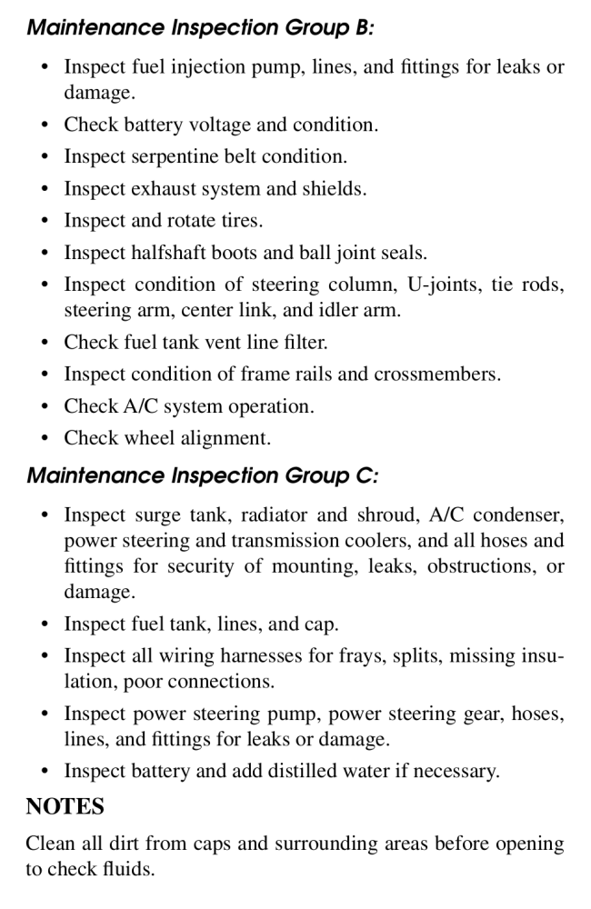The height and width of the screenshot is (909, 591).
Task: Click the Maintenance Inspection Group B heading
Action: (200, 26)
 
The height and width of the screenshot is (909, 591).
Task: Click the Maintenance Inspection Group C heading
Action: (202, 475)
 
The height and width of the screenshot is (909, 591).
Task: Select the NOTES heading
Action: (65, 807)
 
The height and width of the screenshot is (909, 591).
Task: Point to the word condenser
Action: (521, 515)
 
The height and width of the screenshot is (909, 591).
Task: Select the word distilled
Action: (320, 772)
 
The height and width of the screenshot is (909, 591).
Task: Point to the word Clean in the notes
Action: (50, 844)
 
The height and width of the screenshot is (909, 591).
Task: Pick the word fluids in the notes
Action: (129, 869)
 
